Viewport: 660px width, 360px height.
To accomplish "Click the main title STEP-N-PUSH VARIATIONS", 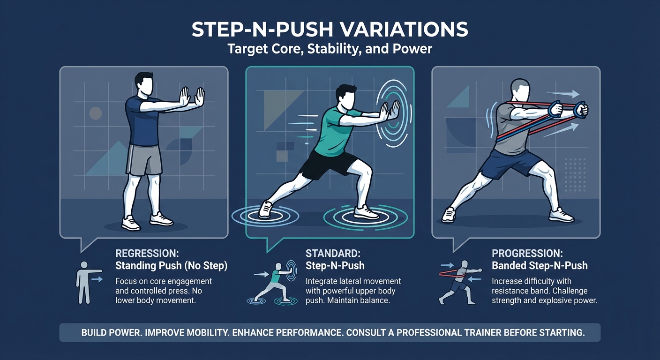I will pos(330,30).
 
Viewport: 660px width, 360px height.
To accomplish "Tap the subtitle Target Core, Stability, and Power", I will pos(330,48).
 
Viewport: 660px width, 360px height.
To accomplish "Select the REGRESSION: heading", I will pos(147,254).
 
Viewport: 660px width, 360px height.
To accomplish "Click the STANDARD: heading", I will pos(333,254).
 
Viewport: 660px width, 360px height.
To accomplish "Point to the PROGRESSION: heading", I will pos(527,254).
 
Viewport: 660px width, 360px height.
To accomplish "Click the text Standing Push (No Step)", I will pos(171,266).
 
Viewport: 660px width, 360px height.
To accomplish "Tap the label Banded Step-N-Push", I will pos(539,266).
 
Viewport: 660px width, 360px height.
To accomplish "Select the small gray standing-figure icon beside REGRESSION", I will pos(84,282).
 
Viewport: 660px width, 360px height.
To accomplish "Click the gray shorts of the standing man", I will pos(144,159).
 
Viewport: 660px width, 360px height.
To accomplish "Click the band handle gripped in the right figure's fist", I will pos(581,109).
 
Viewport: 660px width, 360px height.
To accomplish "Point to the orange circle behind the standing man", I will pos(96,113).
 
